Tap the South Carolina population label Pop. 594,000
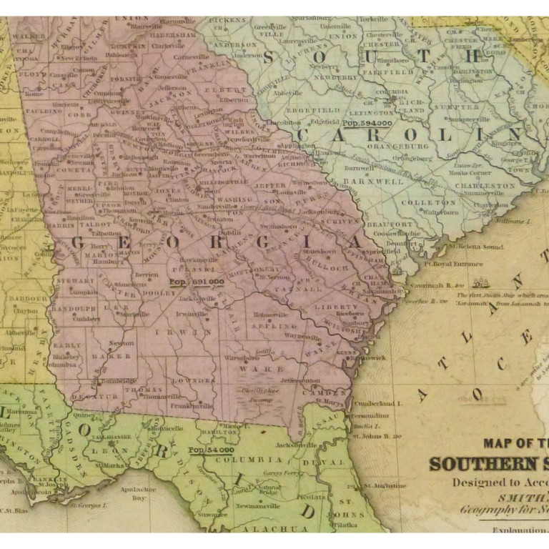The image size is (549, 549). click(367, 123)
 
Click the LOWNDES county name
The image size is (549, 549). click(197, 382)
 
